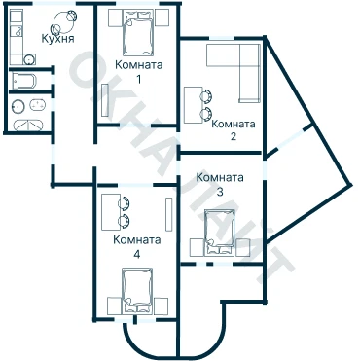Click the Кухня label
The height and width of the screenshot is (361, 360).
(x=57, y=39)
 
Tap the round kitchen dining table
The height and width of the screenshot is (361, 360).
(x=62, y=22)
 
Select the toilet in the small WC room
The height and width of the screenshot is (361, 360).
(x=24, y=81)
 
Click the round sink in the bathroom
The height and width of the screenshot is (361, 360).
(x=18, y=106)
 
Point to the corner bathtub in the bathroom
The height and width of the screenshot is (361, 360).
(x=29, y=125)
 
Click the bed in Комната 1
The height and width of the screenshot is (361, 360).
(x=138, y=32)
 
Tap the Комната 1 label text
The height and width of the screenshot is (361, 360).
(x=139, y=71)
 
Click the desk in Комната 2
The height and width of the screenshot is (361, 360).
(x=194, y=105)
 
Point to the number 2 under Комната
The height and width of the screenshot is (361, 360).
(x=234, y=136)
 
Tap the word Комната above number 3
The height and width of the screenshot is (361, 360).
(x=220, y=177)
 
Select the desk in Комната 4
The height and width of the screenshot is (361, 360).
(x=111, y=212)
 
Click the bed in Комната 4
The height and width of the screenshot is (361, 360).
(x=137, y=291)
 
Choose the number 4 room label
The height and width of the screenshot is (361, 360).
(x=137, y=255)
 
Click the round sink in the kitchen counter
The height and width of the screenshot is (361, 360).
(x=29, y=59)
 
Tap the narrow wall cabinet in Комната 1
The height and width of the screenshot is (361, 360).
(x=105, y=100)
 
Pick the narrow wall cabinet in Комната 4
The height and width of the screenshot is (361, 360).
(x=168, y=214)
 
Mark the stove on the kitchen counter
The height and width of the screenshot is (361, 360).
(x=17, y=31)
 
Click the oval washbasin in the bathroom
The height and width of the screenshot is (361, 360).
(x=38, y=105)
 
